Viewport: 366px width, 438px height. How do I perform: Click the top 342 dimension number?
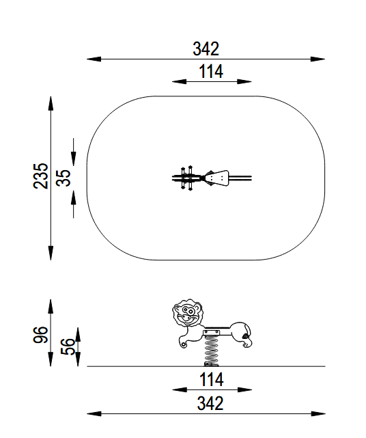tap(206, 49)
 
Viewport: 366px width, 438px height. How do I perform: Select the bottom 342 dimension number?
tap(210, 403)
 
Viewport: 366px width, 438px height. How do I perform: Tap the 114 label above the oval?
tap(211, 72)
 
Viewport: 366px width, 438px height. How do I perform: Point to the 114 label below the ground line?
tap(211, 380)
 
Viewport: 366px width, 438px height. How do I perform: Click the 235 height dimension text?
tap(41, 176)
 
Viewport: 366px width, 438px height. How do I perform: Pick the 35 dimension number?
tap(64, 178)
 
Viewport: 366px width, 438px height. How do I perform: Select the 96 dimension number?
tap(41, 334)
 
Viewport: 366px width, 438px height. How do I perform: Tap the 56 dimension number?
tap(68, 346)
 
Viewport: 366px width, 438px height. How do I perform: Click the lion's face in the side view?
tap(188, 313)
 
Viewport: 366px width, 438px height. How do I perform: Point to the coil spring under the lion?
tap(211, 351)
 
